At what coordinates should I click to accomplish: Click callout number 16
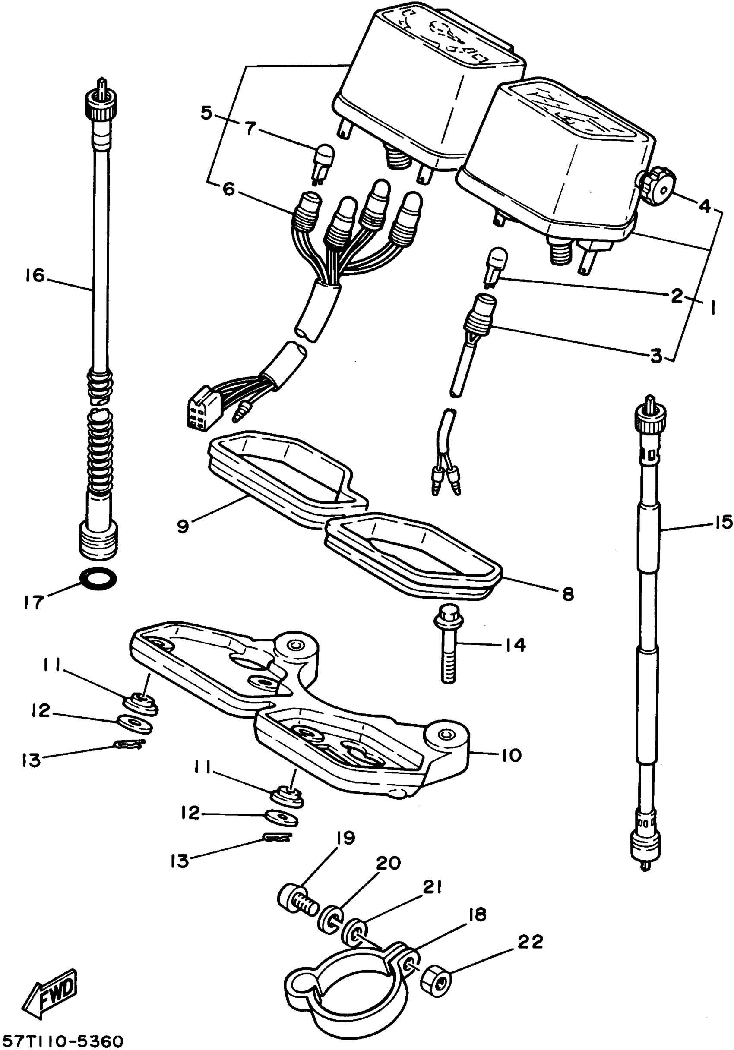[x=35, y=276]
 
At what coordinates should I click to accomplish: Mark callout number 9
[x=183, y=527]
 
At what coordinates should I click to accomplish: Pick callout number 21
[x=432, y=888]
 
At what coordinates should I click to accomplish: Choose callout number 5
[x=207, y=112]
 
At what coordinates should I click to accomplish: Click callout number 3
[x=656, y=355]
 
